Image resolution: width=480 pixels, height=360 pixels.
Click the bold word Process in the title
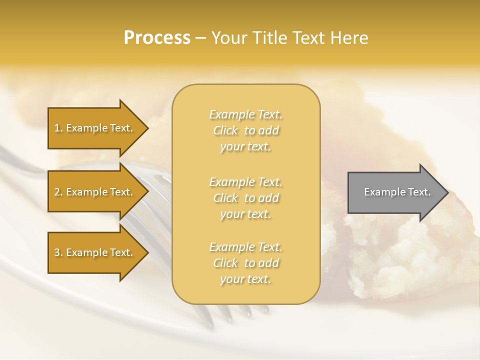click(x=157, y=38)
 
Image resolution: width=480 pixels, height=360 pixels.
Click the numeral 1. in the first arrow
click(x=58, y=128)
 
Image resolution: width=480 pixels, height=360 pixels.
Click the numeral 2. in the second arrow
click(x=58, y=192)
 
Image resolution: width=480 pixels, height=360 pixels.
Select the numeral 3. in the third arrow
click(x=58, y=252)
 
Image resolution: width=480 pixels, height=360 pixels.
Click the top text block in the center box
click(x=246, y=130)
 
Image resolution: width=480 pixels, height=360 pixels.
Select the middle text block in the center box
click(x=246, y=197)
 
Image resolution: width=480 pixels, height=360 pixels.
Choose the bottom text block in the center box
click(x=246, y=263)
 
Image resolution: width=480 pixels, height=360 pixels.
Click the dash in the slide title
click(x=200, y=38)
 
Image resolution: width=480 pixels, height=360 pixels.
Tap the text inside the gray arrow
click(x=397, y=192)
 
